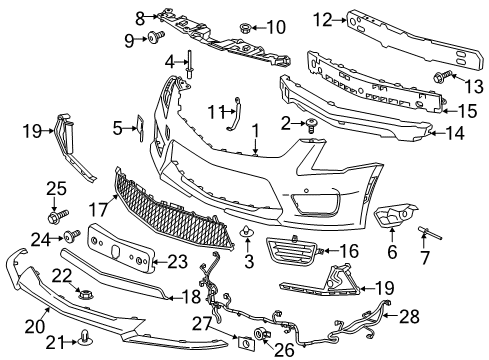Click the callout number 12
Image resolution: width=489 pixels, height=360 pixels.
tap(323, 18)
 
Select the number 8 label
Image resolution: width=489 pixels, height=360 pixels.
tap(141, 15)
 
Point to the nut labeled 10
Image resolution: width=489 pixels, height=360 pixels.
tap(246, 26)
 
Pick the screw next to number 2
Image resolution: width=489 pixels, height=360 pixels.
tap(313, 125)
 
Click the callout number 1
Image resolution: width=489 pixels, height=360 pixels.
tap(255, 130)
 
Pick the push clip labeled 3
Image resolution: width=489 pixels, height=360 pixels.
tap(245, 236)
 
